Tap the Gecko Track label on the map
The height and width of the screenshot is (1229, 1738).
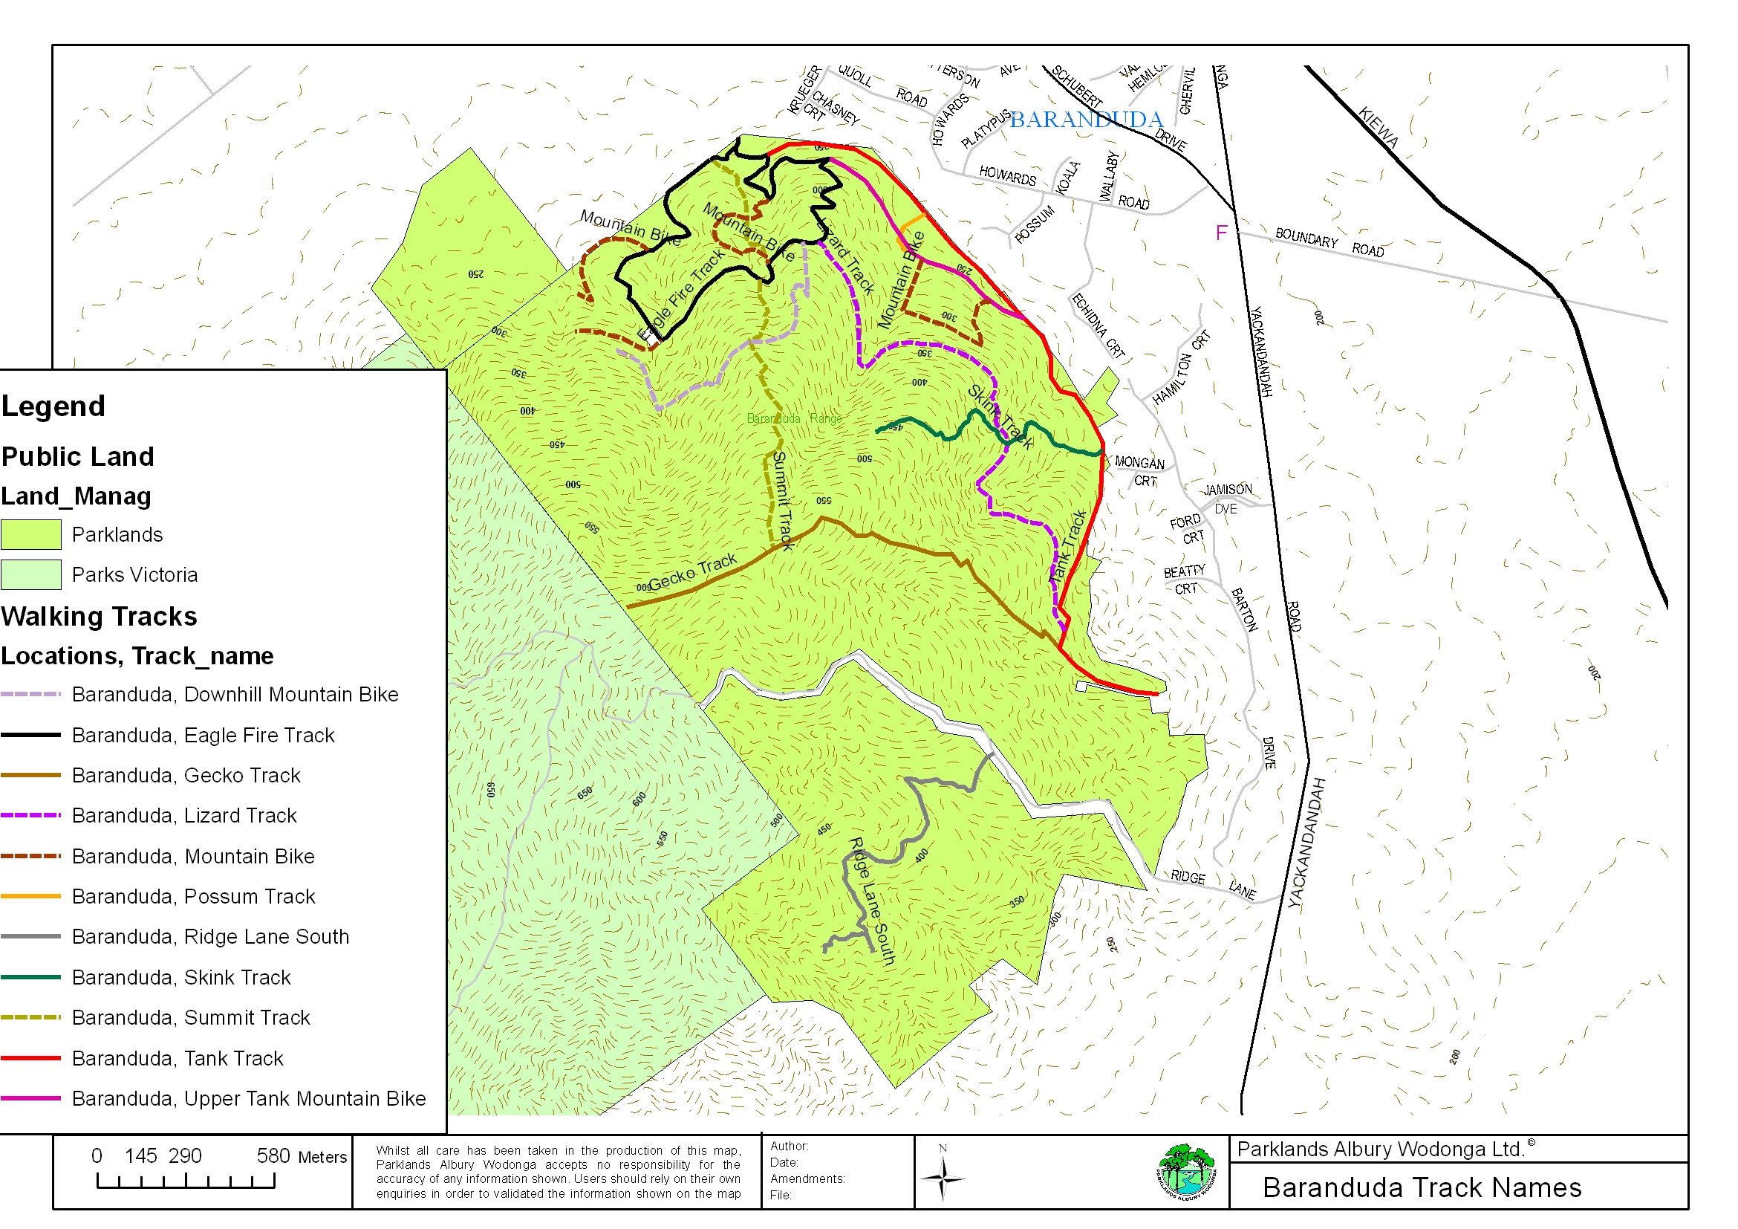[x=692, y=570]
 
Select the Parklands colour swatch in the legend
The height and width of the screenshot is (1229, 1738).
[x=31, y=534]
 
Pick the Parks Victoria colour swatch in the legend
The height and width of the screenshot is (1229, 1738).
[x=31, y=574]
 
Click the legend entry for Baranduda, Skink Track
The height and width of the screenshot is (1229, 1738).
[x=181, y=978]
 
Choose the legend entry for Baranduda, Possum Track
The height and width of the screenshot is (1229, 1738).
[x=193, y=897]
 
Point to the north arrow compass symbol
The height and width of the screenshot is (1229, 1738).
[x=943, y=1178]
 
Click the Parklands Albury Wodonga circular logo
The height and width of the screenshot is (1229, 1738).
[x=1186, y=1173]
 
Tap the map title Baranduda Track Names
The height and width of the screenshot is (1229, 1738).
[x=1422, y=1187]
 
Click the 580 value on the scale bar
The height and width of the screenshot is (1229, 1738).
[x=273, y=1156]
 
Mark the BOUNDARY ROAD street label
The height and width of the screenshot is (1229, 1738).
[x=1329, y=242]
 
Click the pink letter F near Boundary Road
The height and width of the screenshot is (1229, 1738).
[x=1221, y=233]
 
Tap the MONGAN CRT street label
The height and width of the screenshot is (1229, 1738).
[x=1141, y=471]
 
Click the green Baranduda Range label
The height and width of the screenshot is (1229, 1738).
[x=794, y=419]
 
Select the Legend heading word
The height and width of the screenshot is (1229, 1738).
[x=53, y=406]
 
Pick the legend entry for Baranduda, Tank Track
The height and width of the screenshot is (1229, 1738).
[x=177, y=1059]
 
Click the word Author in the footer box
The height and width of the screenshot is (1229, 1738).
[x=789, y=1147]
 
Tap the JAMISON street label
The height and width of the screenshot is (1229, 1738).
[x=1228, y=490]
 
